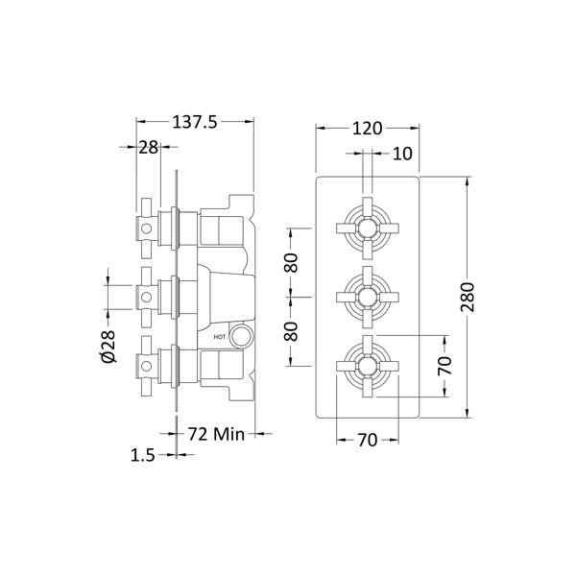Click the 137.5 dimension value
(195, 122)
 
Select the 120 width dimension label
(368, 129)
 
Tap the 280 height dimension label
(468, 297)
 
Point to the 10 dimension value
(402, 154)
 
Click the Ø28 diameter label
(108, 346)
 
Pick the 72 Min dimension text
(216, 434)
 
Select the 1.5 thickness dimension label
(143, 455)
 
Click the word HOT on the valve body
(220, 337)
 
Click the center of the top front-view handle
(368, 228)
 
